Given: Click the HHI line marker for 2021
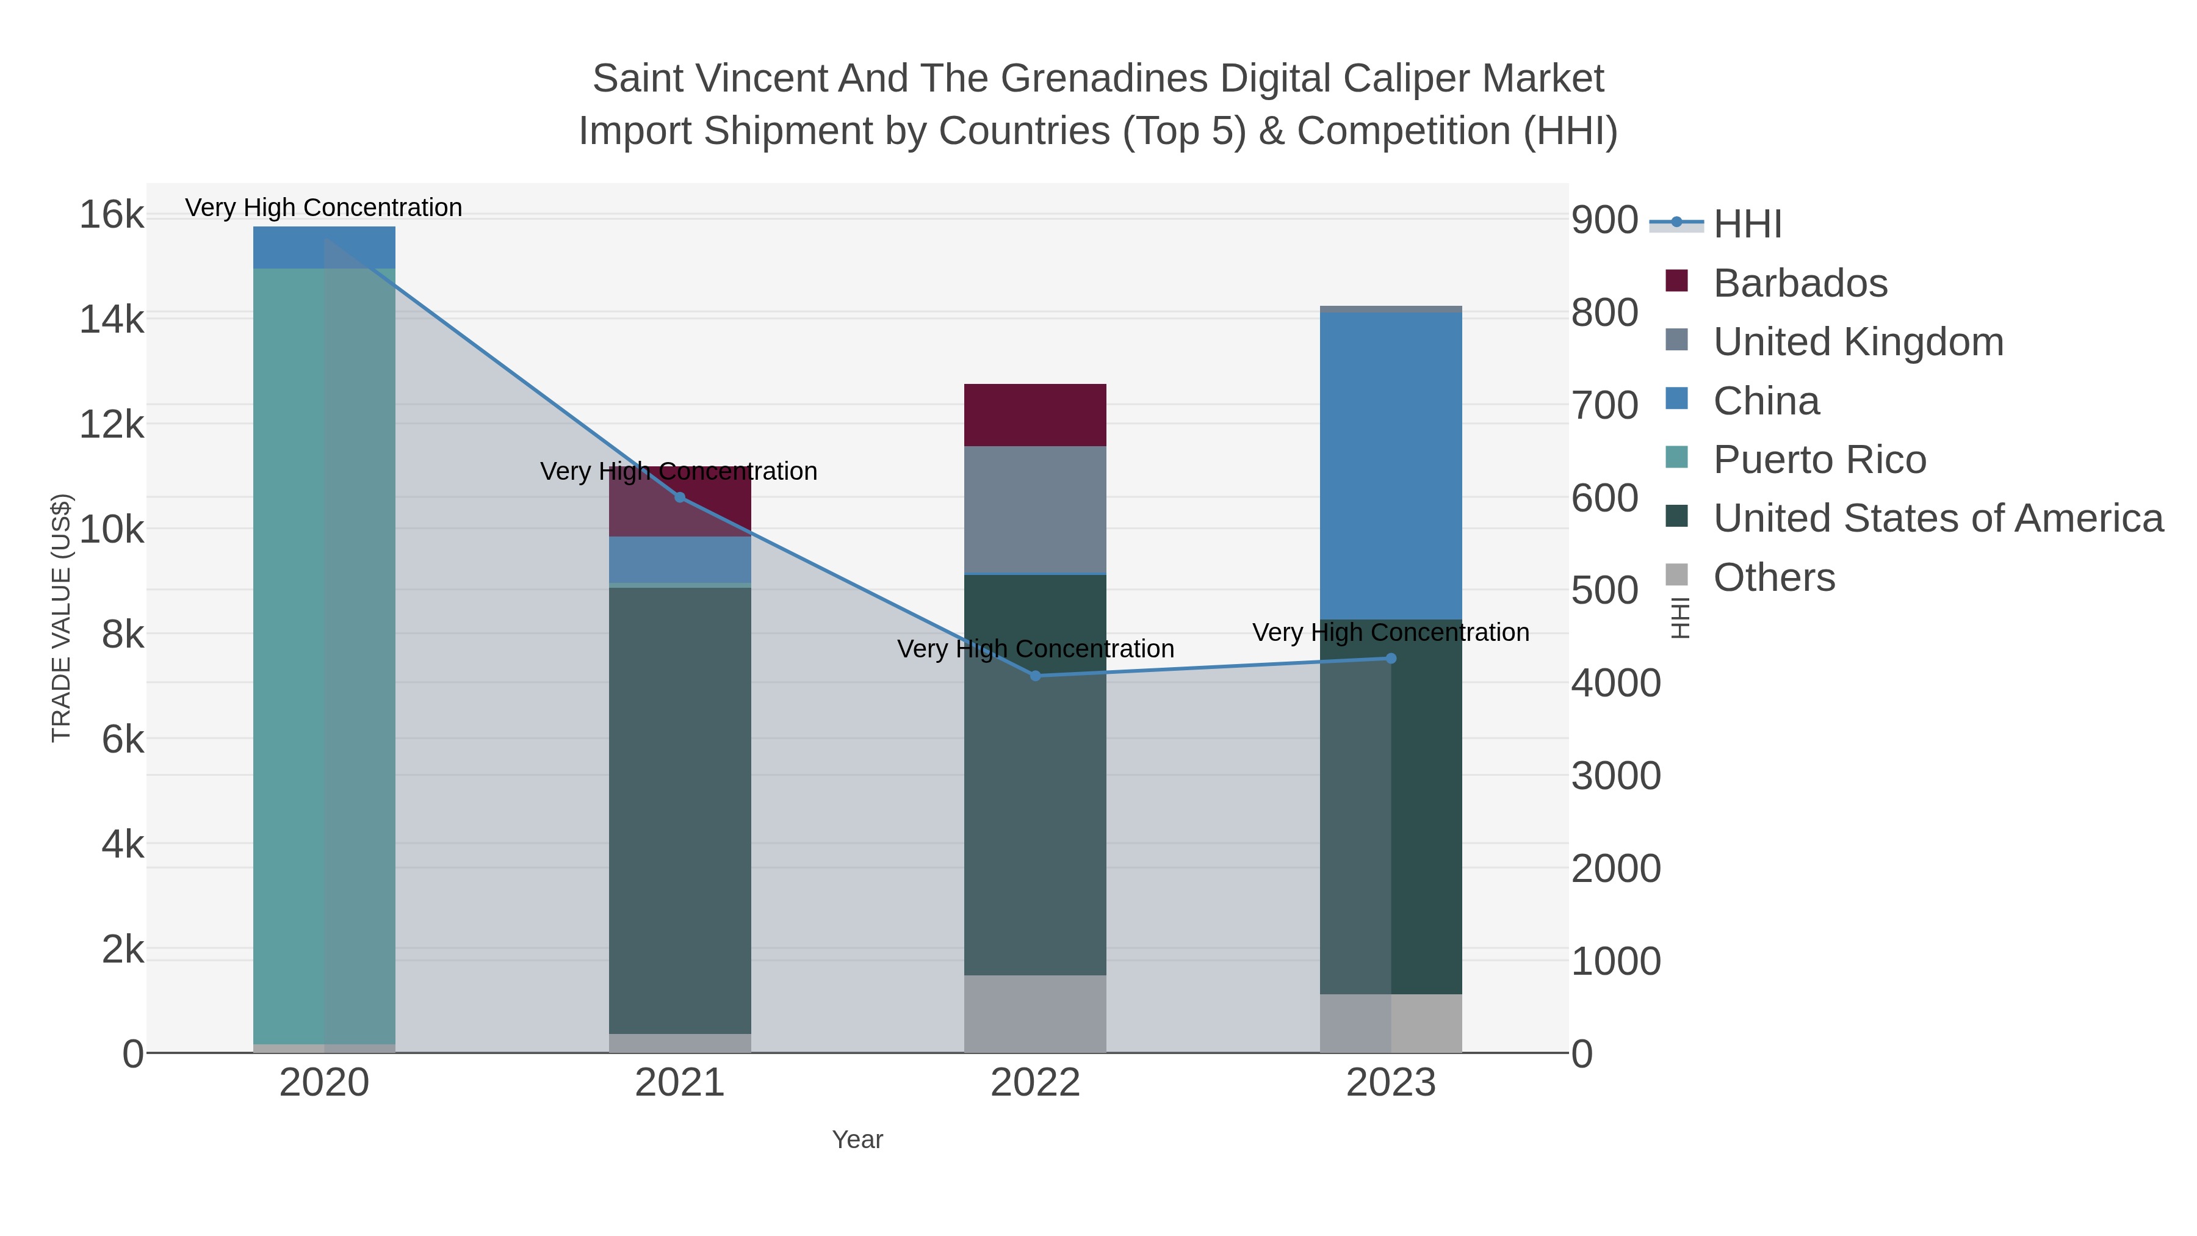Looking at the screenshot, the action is tap(680, 497).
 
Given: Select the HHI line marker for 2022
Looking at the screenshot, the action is tap(1036, 676).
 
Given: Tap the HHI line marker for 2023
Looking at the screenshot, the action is tap(1391, 657).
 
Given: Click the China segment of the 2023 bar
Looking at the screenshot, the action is tap(1391, 465).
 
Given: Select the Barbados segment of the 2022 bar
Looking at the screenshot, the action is tap(1036, 414).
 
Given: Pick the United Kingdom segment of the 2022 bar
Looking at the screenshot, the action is tap(1036, 509).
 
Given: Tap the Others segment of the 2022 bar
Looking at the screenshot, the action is tap(1036, 1013).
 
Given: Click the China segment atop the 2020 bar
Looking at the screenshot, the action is tap(324, 247).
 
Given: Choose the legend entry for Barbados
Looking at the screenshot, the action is tap(1800, 283).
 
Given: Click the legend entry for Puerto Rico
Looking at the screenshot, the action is tap(1819, 460).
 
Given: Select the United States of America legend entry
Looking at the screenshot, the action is tap(1938, 519).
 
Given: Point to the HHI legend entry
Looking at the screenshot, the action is tap(1747, 223).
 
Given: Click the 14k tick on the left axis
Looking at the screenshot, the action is tap(112, 320).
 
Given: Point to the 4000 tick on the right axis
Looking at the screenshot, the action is tap(1615, 683).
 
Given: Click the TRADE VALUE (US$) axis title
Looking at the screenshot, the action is tap(62, 618).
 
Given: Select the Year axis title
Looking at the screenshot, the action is tap(857, 1140).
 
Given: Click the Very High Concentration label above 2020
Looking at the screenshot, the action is tap(324, 208).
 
